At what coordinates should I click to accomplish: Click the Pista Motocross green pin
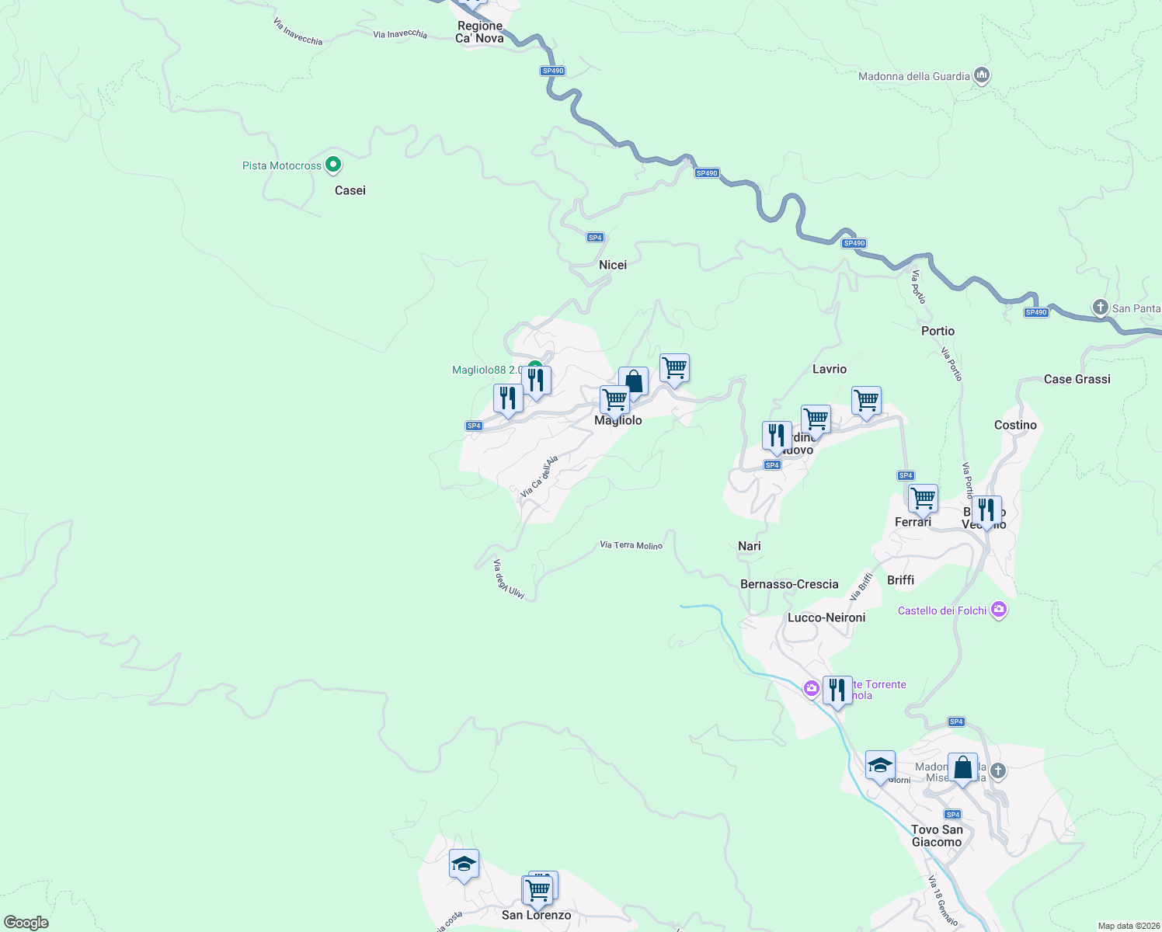pyautogui.click(x=333, y=164)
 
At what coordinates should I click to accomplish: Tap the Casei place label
pyautogui.click(x=350, y=190)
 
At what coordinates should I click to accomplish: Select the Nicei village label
pyautogui.click(x=613, y=265)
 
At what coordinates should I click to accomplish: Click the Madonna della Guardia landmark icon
pyautogui.click(x=982, y=75)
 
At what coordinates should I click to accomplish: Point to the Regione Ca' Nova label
pyautogui.click(x=480, y=32)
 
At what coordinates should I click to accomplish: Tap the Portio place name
pyautogui.click(x=938, y=331)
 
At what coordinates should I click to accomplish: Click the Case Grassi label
pyautogui.click(x=1077, y=379)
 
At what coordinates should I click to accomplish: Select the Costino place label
pyautogui.click(x=1015, y=425)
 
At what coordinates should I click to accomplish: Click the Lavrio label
pyautogui.click(x=830, y=369)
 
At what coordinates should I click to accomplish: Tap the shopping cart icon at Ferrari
pyautogui.click(x=923, y=498)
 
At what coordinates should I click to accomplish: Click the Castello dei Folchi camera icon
pyautogui.click(x=999, y=610)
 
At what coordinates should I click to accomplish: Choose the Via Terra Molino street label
pyautogui.click(x=631, y=545)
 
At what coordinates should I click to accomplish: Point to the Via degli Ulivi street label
pyautogui.click(x=509, y=579)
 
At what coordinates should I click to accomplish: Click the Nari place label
pyautogui.click(x=750, y=546)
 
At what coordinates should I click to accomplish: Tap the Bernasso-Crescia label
pyautogui.click(x=789, y=584)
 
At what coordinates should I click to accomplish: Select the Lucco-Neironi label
pyautogui.click(x=826, y=617)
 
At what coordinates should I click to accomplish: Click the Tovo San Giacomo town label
pyautogui.click(x=937, y=836)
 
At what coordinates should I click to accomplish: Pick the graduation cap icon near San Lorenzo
pyautogui.click(x=464, y=864)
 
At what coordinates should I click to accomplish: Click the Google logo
pyautogui.click(x=26, y=923)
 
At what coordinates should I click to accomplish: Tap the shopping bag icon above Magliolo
pyautogui.click(x=634, y=382)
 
